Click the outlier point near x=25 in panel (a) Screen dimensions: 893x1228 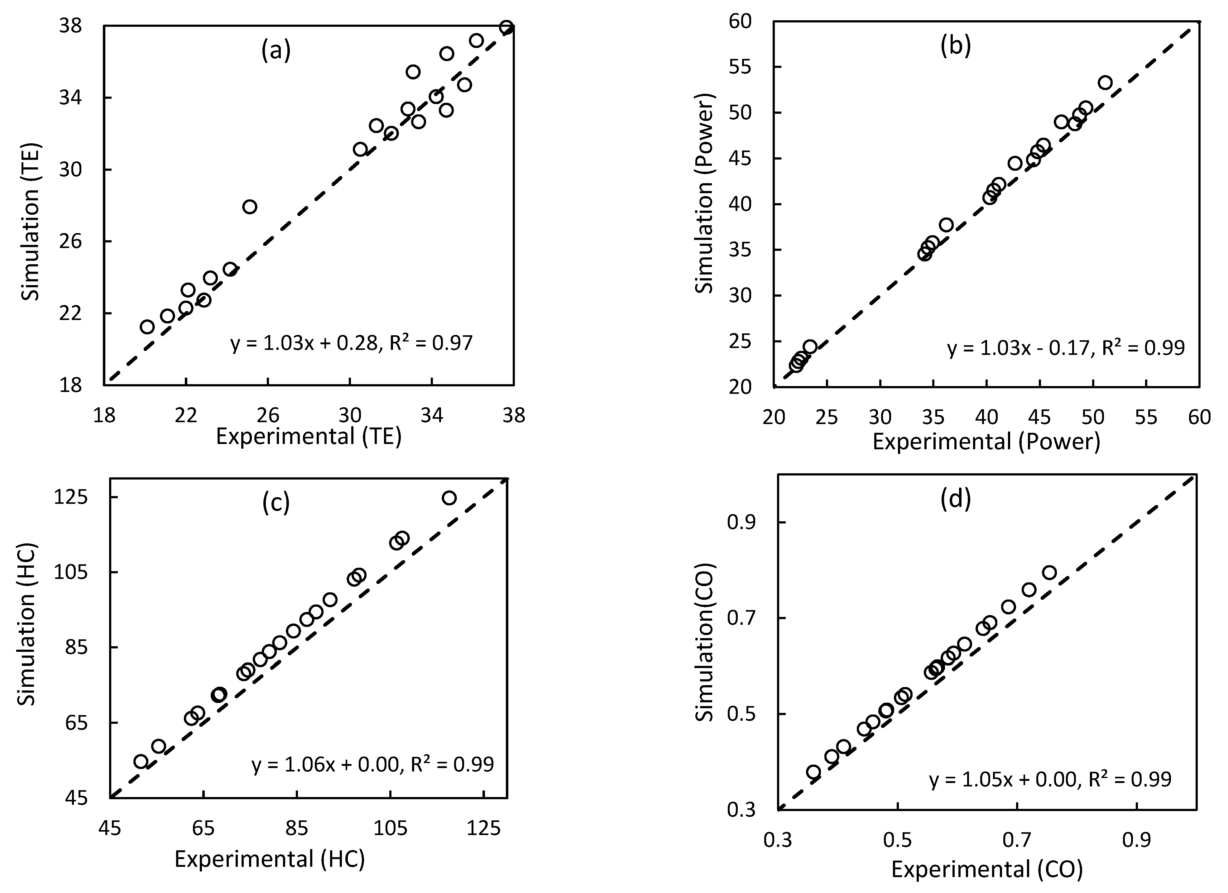click(250, 207)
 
